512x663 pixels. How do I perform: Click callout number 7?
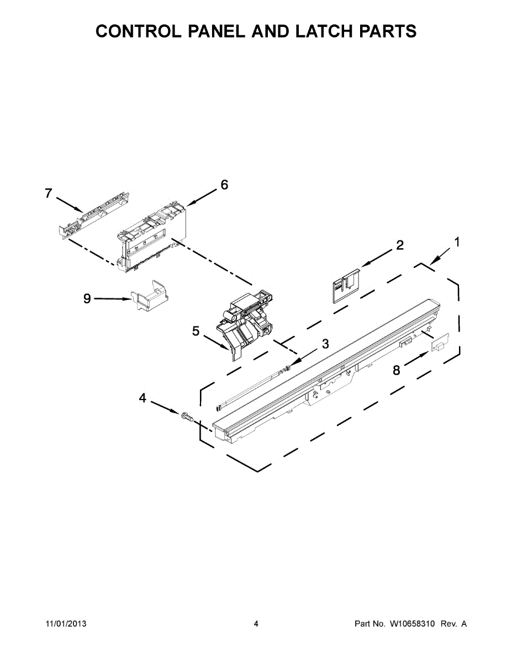(x=49, y=193)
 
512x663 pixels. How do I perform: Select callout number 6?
(x=224, y=185)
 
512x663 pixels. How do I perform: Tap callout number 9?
(x=87, y=298)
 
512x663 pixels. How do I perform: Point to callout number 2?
(x=399, y=245)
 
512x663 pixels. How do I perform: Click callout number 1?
(x=457, y=241)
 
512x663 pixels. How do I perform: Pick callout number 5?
(x=196, y=331)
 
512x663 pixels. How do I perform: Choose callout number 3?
(x=325, y=344)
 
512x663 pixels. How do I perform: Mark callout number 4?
(x=142, y=397)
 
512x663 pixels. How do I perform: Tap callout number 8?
(x=396, y=371)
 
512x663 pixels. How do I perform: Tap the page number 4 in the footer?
(x=256, y=624)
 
